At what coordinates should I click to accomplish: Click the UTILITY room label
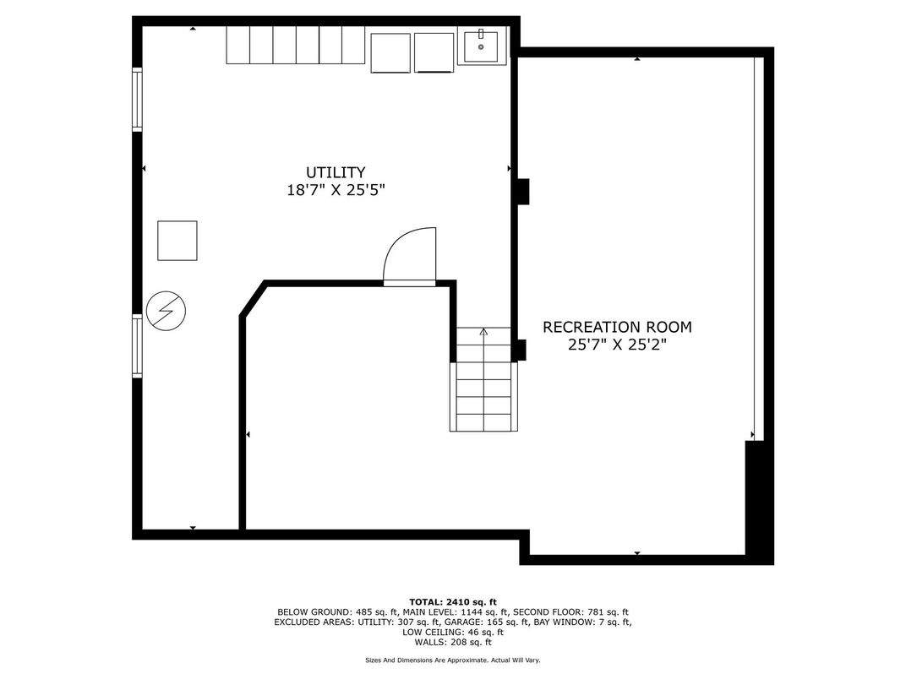tap(336, 172)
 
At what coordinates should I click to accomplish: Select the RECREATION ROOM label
tap(617, 327)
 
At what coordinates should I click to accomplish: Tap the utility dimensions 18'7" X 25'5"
tap(336, 190)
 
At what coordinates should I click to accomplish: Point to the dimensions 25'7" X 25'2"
tap(618, 345)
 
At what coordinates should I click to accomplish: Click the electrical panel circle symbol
tap(166, 311)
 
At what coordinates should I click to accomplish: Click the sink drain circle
tap(481, 46)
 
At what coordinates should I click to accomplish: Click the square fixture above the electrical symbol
tap(177, 240)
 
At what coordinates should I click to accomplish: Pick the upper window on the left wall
tap(137, 100)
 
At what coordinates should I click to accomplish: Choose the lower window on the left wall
tap(137, 346)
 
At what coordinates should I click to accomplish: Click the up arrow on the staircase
tap(483, 331)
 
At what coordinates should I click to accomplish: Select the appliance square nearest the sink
tap(434, 52)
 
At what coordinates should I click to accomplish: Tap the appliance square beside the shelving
tap(390, 52)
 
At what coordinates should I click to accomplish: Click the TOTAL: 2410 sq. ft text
tap(453, 602)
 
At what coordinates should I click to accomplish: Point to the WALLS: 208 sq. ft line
tap(453, 642)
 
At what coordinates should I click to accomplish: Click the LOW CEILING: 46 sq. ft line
tap(453, 633)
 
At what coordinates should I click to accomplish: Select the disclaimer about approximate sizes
tap(453, 660)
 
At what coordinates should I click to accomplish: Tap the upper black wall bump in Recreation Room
tap(522, 192)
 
